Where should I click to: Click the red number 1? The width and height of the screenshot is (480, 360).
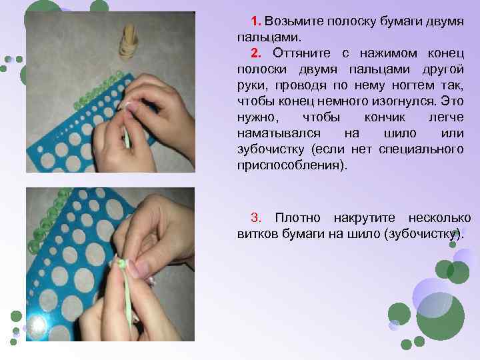point(255,19)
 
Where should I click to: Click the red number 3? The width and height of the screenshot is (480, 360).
point(255,218)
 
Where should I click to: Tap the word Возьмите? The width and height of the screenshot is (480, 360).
point(291,19)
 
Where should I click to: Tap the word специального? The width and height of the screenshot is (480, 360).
point(421,149)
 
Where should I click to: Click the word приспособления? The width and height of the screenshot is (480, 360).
point(291,165)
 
